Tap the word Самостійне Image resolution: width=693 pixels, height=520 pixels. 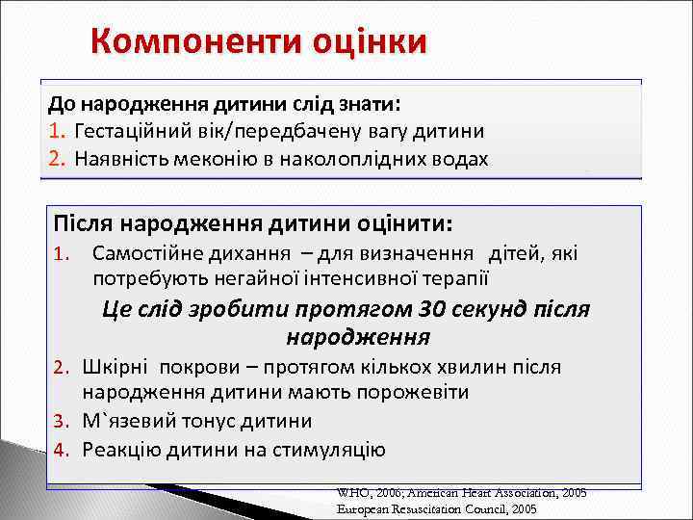(144, 254)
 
